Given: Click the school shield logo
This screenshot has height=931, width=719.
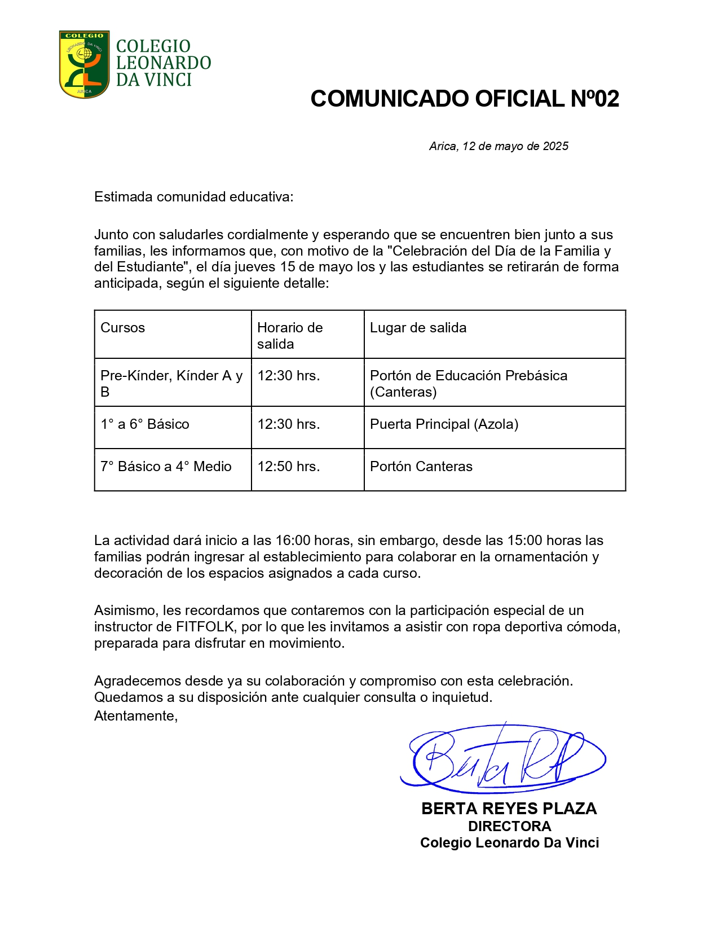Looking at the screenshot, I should click(84, 64).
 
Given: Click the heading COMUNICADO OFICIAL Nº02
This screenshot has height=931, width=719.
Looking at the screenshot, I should click(464, 99).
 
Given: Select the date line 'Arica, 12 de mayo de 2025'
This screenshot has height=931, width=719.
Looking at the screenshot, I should click(499, 146).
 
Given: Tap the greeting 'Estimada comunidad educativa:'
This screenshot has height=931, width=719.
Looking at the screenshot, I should click(193, 197).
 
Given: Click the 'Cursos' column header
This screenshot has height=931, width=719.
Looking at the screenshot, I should click(122, 328).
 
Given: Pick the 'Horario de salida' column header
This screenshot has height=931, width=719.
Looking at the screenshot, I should click(290, 336).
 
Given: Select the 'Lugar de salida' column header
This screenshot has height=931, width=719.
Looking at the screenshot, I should click(418, 328).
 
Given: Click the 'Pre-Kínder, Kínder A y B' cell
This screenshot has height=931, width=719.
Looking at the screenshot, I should click(171, 383).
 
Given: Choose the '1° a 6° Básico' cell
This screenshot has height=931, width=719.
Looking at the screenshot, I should click(144, 424).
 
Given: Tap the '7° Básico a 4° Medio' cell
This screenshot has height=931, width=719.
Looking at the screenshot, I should click(166, 467).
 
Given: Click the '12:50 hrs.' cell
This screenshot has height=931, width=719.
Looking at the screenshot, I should click(289, 467).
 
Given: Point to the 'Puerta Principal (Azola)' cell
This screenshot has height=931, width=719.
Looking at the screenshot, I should click(444, 424).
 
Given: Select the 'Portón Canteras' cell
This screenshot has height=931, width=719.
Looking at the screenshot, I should click(421, 467).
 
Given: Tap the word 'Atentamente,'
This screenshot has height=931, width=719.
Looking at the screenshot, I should click(136, 716).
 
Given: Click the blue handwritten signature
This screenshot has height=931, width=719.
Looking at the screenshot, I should click(502, 757).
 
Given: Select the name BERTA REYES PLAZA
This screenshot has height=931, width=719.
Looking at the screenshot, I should click(509, 809).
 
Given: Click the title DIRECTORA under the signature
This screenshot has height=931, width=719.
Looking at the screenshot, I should click(509, 826).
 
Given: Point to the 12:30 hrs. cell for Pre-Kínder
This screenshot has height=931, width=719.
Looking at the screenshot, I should click(289, 376).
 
